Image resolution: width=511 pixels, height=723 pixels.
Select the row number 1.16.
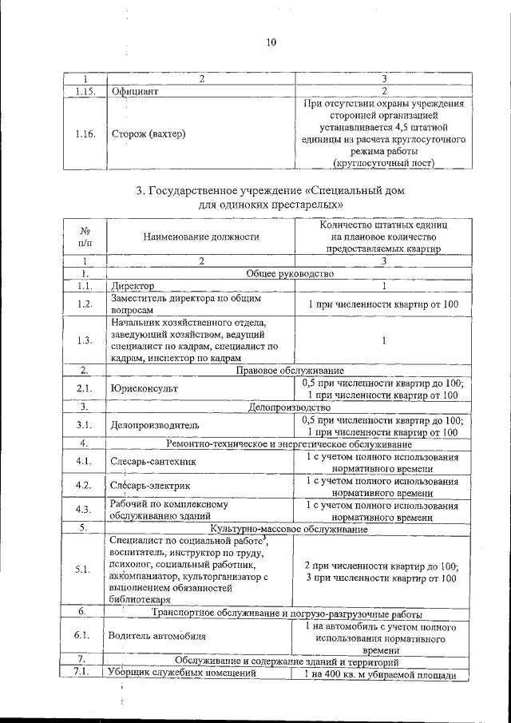(x=84, y=133)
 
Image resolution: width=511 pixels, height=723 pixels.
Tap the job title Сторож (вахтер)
(x=148, y=133)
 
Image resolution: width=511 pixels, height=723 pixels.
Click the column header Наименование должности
(x=201, y=236)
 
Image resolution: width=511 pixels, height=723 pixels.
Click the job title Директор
(x=133, y=286)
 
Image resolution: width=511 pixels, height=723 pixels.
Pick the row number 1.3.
(x=84, y=340)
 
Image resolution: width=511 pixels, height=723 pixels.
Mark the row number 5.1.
(x=84, y=570)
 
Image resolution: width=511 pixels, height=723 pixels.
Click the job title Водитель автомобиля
(x=158, y=637)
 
